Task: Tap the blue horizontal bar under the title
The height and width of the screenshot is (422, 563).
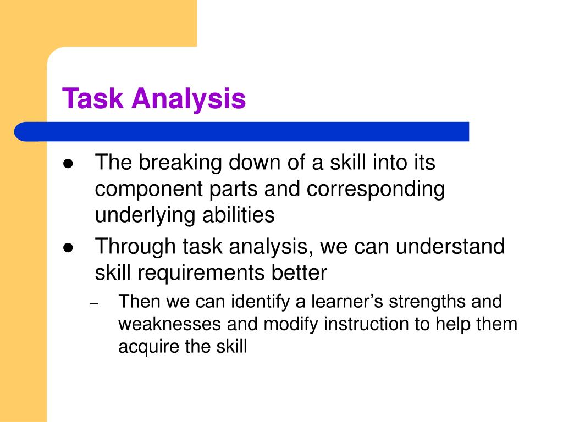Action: point(242,132)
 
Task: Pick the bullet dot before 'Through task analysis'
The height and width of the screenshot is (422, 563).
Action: point(68,248)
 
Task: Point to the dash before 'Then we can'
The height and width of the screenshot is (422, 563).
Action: point(93,303)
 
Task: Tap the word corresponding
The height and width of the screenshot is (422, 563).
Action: point(376,190)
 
